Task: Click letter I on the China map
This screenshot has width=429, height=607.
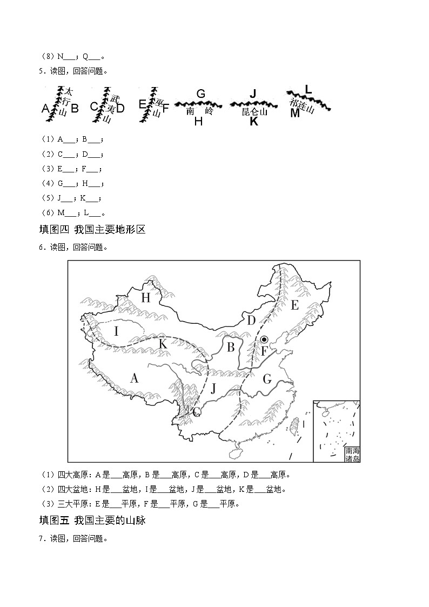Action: click(x=116, y=330)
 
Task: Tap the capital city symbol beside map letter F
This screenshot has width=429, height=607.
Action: click(x=264, y=339)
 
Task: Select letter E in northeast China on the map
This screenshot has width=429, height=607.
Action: click(x=294, y=305)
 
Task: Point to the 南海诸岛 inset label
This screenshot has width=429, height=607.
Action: click(x=352, y=454)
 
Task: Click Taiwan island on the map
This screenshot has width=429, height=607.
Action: click(x=295, y=426)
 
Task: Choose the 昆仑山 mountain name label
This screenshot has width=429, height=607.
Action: click(x=254, y=112)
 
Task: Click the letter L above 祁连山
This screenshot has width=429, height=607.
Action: click(x=309, y=89)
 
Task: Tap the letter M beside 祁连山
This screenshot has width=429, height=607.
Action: click(x=294, y=113)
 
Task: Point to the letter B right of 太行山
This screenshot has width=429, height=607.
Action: click(x=75, y=108)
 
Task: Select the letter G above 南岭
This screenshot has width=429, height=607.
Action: click(x=200, y=94)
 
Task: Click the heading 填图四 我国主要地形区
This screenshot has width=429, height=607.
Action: click(x=93, y=230)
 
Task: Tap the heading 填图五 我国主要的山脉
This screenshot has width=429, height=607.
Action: click(x=93, y=521)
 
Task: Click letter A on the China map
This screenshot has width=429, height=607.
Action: click(x=134, y=378)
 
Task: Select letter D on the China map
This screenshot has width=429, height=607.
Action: click(x=251, y=321)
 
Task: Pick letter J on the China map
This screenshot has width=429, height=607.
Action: click(x=213, y=388)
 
